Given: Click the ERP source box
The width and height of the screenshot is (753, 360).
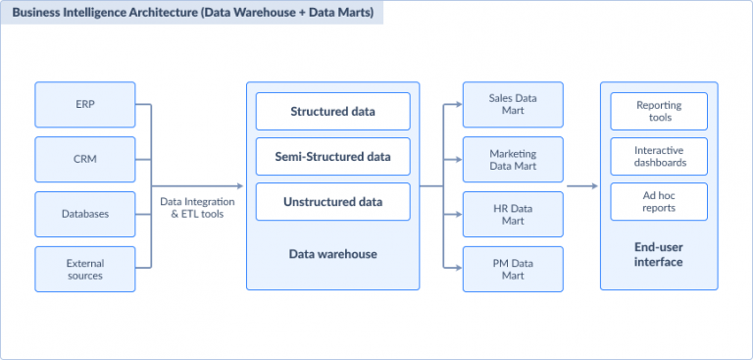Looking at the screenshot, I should click(x=84, y=104).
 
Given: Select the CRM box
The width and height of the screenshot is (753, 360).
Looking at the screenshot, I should click(x=84, y=159).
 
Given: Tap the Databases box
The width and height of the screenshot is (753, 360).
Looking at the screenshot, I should click(x=84, y=214).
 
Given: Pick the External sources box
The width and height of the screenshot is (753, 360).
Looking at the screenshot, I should click(x=84, y=269).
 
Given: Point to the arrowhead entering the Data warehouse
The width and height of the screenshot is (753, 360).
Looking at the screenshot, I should click(x=239, y=186).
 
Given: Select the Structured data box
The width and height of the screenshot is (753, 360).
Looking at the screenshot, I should click(x=333, y=112).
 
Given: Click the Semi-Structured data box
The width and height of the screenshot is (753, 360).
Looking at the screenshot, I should click(x=333, y=157).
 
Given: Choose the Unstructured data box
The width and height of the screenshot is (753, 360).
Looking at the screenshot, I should click(x=333, y=202).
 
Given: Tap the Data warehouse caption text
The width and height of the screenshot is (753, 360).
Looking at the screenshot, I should click(x=333, y=254).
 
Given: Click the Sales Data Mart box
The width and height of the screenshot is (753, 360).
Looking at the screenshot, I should click(x=513, y=104).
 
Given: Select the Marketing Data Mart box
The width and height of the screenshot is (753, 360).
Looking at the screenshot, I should click(x=513, y=159).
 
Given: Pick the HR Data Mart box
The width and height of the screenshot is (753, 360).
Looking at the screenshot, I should click(x=513, y=214).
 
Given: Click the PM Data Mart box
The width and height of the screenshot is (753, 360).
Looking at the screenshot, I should click(x=513, y=269).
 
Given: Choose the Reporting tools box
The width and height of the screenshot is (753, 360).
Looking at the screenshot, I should click(x=658, y=112).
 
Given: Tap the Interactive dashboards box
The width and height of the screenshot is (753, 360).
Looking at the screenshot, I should click(x=658, y=157).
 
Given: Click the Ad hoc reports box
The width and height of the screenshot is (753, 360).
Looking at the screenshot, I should click(x=658, y=201).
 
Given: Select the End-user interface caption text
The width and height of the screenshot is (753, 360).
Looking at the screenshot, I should click(x=658, y=255).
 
